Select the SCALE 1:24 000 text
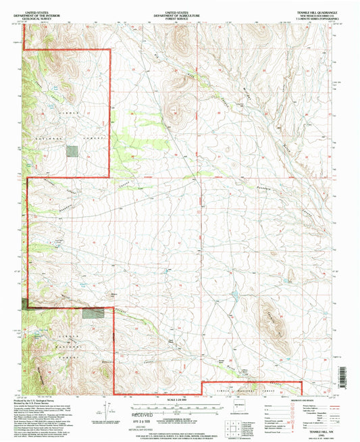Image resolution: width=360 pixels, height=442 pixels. click(180, 399)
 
